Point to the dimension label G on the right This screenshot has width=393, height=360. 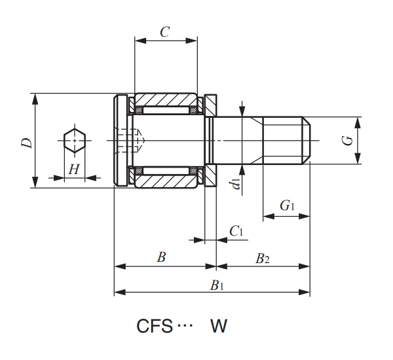348,139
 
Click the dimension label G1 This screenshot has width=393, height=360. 287,206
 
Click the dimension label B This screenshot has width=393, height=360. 161,257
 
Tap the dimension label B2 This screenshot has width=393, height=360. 262,258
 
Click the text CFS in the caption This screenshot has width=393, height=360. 155,325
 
